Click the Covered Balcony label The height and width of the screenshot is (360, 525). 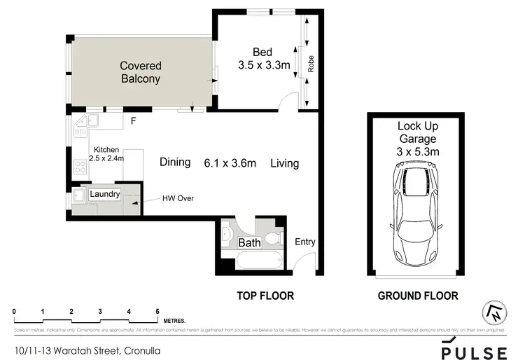[141, 72]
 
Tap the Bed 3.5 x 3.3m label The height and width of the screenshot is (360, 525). [264, 57]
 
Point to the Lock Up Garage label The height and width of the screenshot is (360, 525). [417, 139]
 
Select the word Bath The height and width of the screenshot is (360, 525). [249, 243]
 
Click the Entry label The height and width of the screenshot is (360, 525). [306, 242]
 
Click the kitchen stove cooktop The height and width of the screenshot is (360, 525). [79, 167]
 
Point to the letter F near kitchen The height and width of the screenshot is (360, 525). [132, 121]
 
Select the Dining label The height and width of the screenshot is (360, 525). [175, 162]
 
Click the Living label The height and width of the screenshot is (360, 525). [284, 163]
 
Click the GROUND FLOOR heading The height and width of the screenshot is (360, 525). [418, 296]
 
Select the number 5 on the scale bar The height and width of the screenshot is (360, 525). [157, 310]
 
